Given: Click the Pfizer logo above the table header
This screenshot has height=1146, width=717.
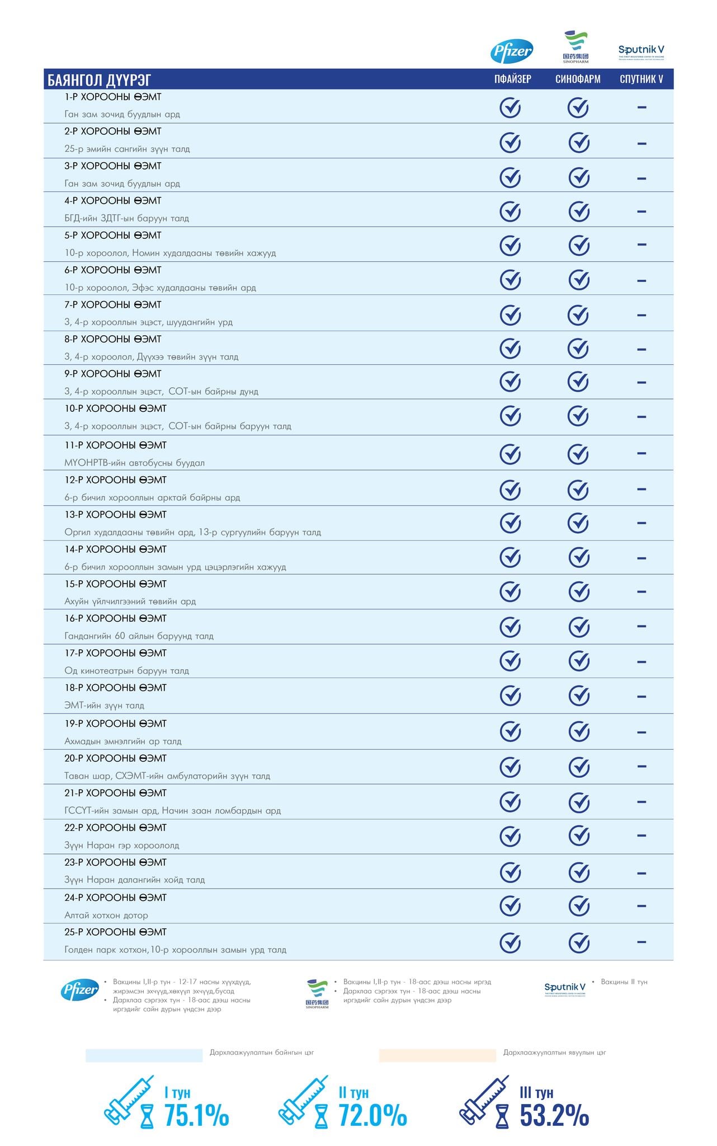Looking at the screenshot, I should [511, 51].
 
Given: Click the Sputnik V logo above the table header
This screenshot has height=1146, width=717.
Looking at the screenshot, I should [641, 51].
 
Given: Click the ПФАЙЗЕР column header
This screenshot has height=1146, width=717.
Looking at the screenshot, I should [512, 79].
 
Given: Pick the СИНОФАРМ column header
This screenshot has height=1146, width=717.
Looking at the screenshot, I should [578, 79].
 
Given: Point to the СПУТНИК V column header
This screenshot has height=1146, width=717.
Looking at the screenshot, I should [641, 79].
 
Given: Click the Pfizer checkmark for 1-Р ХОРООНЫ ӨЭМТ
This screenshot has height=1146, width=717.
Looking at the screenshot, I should [510, 107].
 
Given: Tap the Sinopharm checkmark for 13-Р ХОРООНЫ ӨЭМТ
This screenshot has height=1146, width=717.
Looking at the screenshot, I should [578, 523].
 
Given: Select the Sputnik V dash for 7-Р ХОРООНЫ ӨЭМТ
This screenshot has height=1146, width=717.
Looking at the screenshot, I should [641, 315].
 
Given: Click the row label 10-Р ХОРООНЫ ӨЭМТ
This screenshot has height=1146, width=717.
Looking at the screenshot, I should [115, 408].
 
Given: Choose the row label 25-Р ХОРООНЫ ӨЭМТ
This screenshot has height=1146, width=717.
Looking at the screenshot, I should [115, 932].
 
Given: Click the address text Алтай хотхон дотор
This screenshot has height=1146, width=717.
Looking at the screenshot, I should [106, 915].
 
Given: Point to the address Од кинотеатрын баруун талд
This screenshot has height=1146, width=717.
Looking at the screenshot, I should [126, 670].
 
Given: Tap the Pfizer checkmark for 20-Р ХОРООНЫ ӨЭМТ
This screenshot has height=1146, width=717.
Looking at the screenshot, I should [510, 767].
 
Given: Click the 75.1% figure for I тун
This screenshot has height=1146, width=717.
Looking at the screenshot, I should [196, 1115].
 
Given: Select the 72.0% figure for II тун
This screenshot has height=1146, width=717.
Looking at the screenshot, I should [372, 1115].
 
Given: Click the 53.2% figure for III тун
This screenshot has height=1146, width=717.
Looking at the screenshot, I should [554, 1115].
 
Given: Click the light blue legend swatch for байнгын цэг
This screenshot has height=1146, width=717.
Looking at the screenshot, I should [144, 1055].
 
